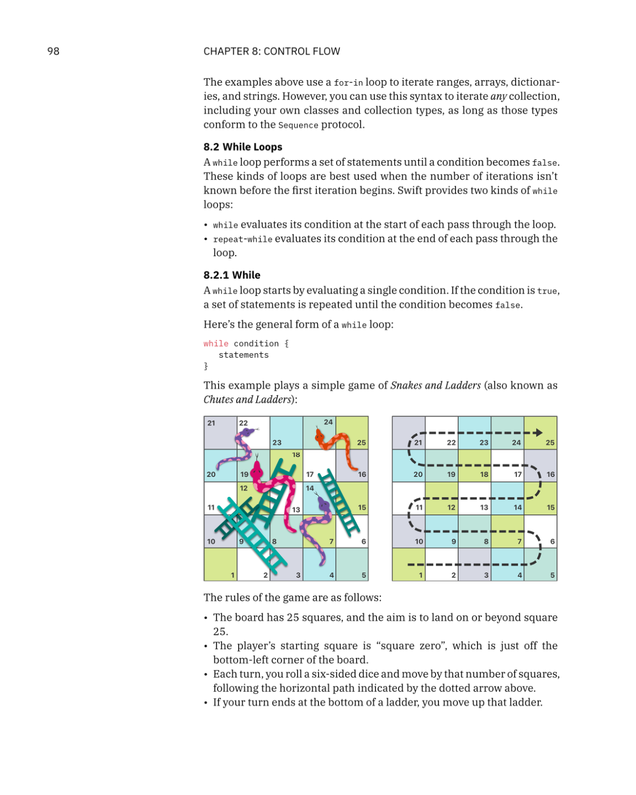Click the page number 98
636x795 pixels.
click(53, 51)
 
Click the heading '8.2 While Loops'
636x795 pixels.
click(242, 147)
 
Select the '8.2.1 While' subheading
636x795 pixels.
click(232, 275)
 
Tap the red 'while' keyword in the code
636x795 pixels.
click(216, 344)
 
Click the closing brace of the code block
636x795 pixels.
click(206, 366)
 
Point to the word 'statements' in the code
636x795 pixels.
click(244, 355)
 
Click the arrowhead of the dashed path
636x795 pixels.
click(538, 433)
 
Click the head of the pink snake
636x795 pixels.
click(257, 469)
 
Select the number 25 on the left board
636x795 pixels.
click(361, 442)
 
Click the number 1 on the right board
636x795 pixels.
click(421, 575)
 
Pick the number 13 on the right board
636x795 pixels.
click(484, 507)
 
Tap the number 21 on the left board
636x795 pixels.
click(211, 423)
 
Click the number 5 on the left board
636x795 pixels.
click(364, 575)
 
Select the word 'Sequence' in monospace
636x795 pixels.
click(298, 125)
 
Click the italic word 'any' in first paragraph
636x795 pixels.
click(498, 97)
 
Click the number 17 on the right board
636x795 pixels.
click(518, 474)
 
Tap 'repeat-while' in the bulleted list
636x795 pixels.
click(242, 240)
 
